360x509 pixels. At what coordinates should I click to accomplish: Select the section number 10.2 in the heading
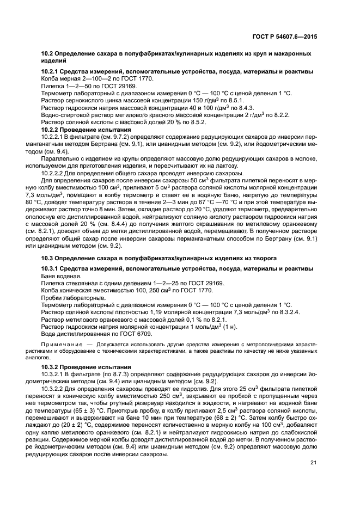48,54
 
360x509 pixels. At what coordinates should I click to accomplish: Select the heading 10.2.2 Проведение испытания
86,129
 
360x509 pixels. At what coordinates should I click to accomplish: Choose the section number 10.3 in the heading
48,257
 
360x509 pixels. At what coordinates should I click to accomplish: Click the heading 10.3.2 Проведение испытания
86,367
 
